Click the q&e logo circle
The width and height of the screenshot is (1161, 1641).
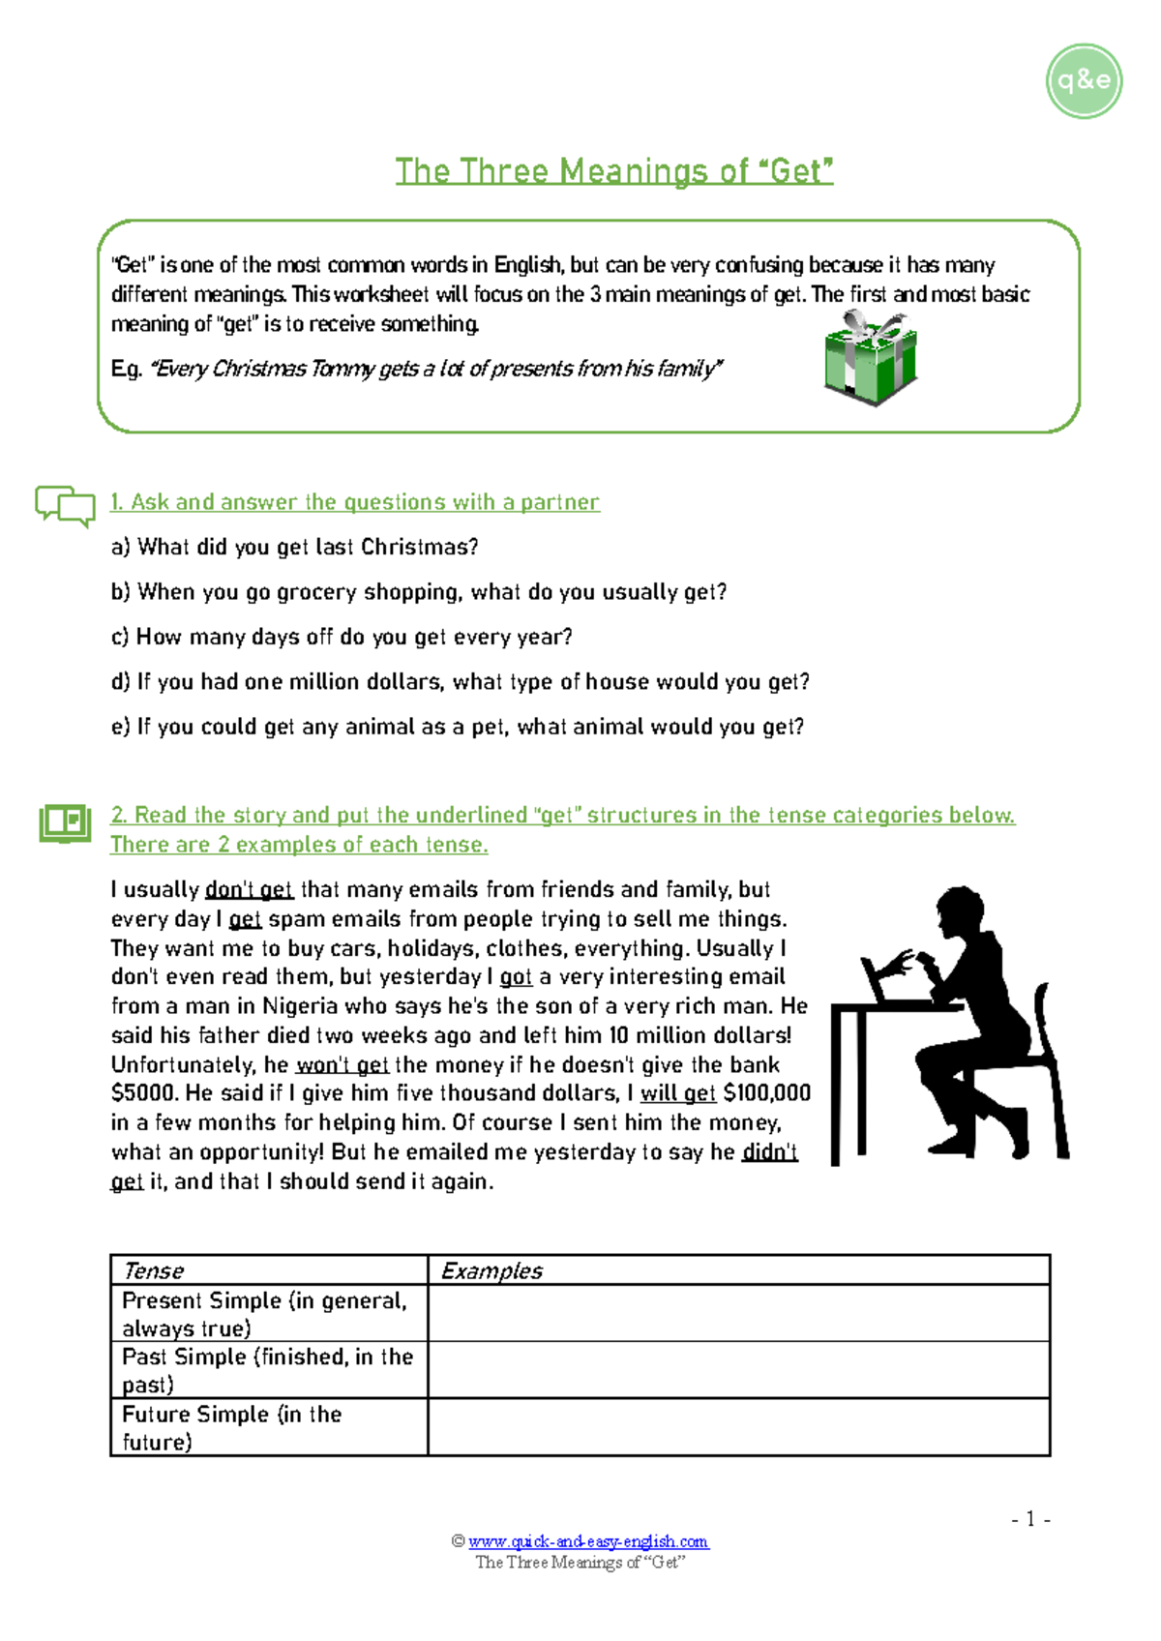point(1084,81)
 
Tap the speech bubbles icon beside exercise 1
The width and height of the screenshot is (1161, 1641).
point(65,504)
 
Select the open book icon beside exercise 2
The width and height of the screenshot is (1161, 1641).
point(65,822)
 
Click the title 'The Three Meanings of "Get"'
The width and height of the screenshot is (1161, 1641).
point(614,171)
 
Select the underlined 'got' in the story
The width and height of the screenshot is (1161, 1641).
point(516,977)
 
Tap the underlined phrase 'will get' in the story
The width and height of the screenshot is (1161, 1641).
point(677,1093)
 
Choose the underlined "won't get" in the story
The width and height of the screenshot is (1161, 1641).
point(342,1065)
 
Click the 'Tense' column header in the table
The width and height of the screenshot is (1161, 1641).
point(153,1270)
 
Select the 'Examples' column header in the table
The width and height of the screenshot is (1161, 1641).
point(491,1270)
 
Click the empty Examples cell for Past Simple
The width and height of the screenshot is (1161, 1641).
point(738,1369)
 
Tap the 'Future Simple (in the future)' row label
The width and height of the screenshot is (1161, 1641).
point(231,1427)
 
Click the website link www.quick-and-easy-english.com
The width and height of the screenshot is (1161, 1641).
point(588,1541)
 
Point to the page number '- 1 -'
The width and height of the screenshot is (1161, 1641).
point(1030,1519)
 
